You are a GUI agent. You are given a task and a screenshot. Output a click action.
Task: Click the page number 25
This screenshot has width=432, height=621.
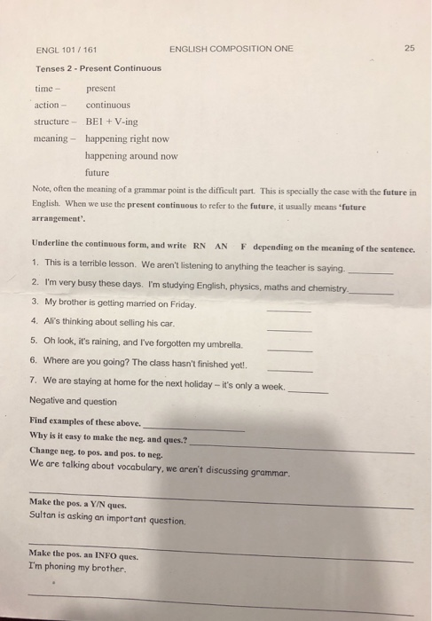click(408, 48)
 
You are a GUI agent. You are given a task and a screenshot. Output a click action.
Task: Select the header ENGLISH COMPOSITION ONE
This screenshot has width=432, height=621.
click(230, 48)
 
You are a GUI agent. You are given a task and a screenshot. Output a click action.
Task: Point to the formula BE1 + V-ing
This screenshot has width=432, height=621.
click(112, 122)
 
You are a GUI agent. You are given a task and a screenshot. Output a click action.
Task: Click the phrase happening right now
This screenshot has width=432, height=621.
click(127, 138)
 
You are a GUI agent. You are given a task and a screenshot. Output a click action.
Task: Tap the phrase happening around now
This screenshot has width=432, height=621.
click(131, 155)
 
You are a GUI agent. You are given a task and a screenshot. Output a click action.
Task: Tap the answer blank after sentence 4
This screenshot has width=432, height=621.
click(288, 329)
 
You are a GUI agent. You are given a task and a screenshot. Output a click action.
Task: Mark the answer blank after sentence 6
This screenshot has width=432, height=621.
click(289, 369)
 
